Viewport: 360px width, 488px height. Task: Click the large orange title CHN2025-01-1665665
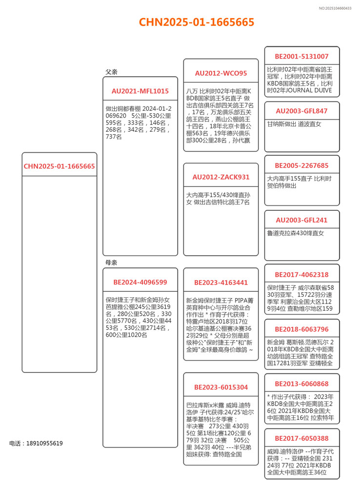pos(197,22)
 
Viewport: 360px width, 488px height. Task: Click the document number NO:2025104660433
pos(335,8)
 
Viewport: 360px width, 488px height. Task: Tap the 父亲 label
pos(112,72)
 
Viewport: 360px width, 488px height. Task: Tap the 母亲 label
pos(112,263)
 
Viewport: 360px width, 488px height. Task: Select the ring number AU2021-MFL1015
pos(140,91)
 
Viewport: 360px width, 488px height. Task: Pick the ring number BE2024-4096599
pos(140,282)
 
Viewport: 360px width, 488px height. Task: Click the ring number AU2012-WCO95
pos(221,73)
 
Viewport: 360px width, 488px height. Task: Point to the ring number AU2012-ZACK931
pos(221,177)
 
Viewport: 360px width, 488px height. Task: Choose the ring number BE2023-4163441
pos(221,283)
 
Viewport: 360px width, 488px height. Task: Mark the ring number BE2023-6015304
pos(221,387)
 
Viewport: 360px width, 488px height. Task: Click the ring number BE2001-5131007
pos(301,57)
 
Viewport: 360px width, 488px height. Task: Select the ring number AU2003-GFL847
pos(301,111)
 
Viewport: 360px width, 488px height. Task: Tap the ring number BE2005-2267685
pos(301,165)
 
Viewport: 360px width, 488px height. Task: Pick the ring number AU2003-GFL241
pos(301,220)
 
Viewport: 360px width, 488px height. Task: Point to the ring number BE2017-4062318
pos(301,275)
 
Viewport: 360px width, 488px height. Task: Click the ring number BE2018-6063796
pos(301,329)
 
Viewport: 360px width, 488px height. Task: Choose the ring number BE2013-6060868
pos(301,384)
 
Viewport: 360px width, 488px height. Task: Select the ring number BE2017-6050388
pos(301,438)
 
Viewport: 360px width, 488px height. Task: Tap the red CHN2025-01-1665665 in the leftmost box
pos(60,166)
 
